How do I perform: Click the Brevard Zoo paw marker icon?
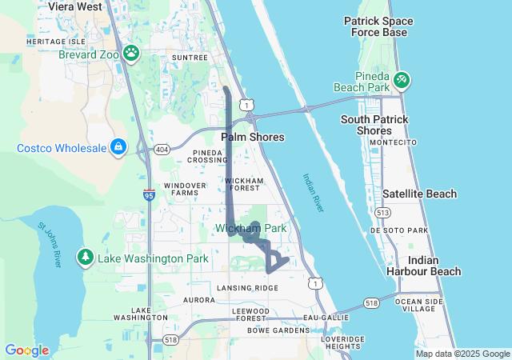[131, 54]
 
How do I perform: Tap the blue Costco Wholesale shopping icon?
[118, 148]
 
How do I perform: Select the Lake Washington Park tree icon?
[85, 258]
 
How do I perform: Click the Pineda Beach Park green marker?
[402, 80]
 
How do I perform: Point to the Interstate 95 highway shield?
[150, 194]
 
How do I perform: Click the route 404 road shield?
[163, 150]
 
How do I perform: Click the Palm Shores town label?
[252, 137]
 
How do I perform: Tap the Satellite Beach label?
[419, 194]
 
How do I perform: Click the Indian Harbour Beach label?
[434, 266]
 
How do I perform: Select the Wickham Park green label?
[250, 229]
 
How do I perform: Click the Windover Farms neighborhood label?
[180, 189]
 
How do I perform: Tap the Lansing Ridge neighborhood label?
[247, 287]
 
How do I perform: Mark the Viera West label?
[75, 6]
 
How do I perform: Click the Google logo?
[26, 350]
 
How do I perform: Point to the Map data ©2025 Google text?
[462, 354]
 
